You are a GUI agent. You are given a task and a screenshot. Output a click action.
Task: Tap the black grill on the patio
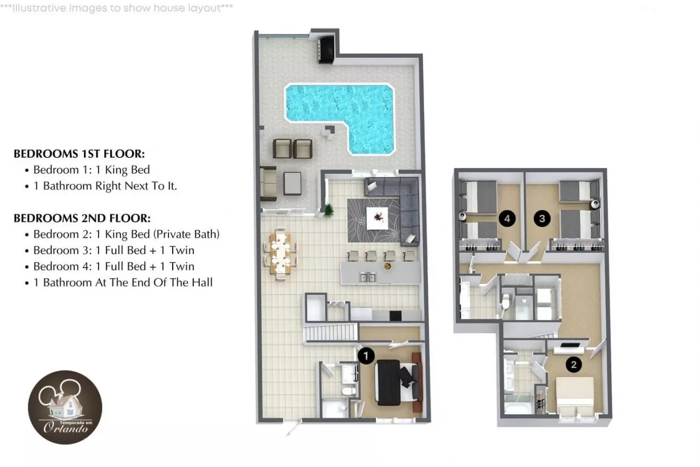[x=326, y=51]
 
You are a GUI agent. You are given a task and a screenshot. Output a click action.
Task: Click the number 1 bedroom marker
[x=366, y=356]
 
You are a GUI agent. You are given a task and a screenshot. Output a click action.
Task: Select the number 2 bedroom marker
[x=573, y=364]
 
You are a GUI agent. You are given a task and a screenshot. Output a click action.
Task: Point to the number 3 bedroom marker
[x=542, y=218]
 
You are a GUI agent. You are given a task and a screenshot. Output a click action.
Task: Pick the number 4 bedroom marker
[x=507, y=218]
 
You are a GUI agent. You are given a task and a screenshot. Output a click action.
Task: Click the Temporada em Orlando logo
[x=65, y=408]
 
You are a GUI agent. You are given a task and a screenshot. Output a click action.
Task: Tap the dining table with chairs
[x=280, y=254]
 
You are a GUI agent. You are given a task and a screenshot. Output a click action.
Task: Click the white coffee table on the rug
[x=377, y=218]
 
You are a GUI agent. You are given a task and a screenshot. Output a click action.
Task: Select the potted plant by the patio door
[x=328, y=210]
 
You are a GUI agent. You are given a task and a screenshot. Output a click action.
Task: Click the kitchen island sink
[x=368, y=277]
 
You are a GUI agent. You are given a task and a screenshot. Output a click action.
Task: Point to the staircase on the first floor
[x=331, y=333]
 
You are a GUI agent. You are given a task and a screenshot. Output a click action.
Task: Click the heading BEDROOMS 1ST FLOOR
[x=79, y=154]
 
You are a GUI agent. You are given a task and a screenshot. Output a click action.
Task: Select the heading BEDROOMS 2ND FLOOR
[x=82, y=218]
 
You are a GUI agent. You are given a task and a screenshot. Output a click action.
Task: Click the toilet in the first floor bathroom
[x=348, y=391]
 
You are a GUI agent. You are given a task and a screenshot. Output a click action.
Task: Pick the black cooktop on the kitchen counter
[x=396, y=316]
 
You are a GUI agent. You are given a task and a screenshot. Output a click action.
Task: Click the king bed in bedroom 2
[x=574, y=397]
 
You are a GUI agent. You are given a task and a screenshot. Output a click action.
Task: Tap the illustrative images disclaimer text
[x=116, y=8]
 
